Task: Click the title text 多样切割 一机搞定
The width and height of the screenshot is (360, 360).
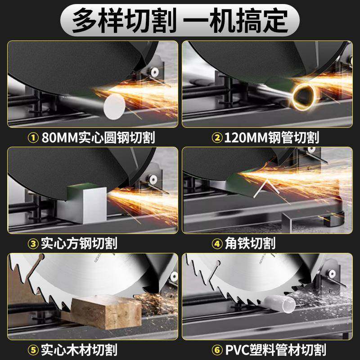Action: (180, 20)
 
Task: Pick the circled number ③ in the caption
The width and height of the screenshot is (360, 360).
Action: (33, 243)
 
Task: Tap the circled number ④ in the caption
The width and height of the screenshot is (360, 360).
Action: (217, 243)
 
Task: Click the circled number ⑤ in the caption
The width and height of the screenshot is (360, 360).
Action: (33, 349)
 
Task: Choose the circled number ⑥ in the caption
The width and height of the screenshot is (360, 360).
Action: (217, 349)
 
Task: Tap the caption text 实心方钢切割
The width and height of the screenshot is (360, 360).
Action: (79, 243)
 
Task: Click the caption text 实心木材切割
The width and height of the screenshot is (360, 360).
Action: (79, 349)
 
